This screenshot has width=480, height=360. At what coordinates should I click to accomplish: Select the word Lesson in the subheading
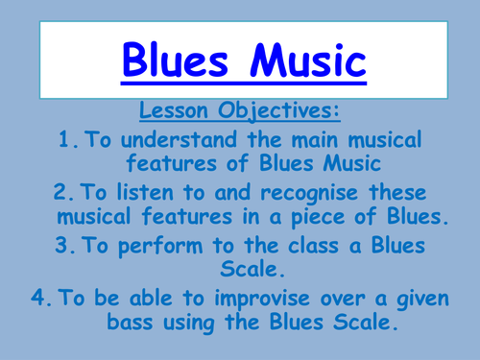coord(175,112)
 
